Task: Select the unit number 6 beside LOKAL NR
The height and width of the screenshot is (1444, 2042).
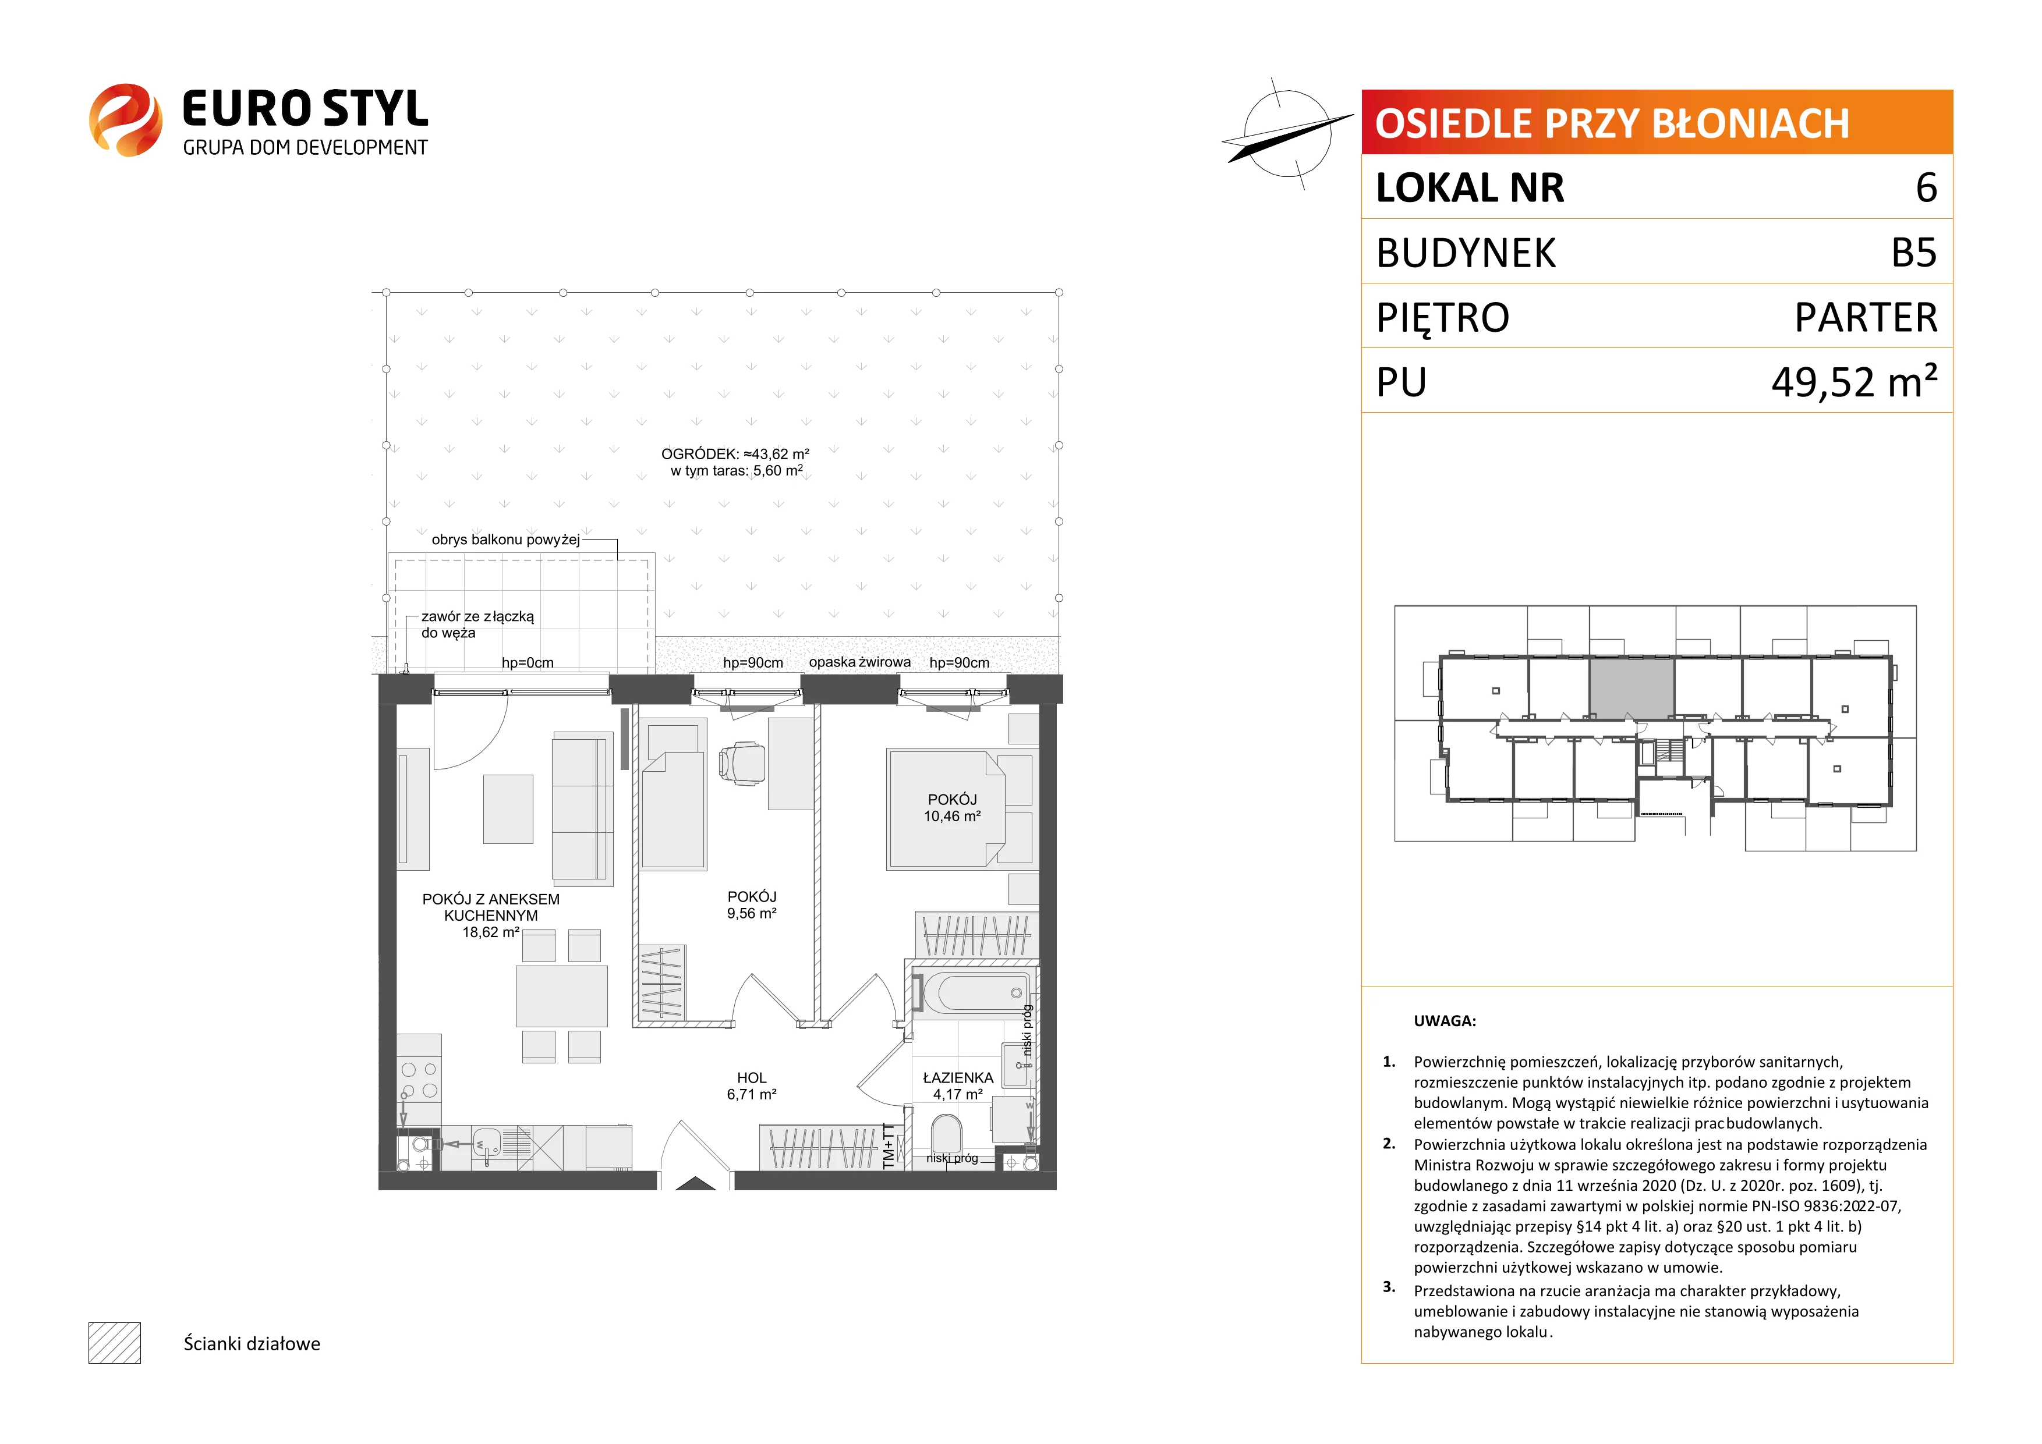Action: tap(1926, 187)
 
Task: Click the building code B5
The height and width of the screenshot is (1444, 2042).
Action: tap(1914, 253)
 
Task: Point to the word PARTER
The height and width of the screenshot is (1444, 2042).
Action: tap(1866, 317)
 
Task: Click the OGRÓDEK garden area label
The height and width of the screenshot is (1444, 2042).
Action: tap(735, 462)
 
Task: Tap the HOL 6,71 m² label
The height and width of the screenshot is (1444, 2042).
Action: tap(752, 1085)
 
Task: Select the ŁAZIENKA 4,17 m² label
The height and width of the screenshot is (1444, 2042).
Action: tap(958, 1085)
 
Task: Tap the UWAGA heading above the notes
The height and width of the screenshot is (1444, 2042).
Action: tap(1445, 1021)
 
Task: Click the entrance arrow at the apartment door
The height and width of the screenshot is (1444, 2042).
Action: tap(695, 1183)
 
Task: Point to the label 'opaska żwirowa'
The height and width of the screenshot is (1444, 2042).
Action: tap(859, 662)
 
